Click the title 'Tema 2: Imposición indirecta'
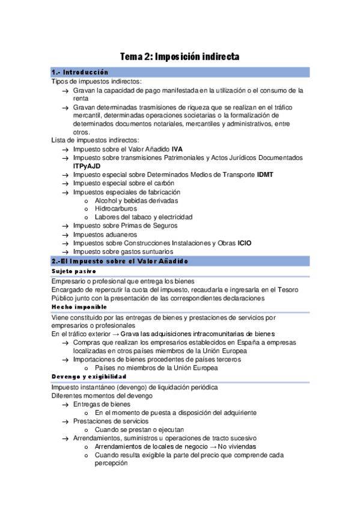[x=180, y=57]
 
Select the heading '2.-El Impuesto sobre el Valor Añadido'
[x=120, y=260]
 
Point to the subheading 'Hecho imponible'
[x=79, y=307]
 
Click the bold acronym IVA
[x=177, y=149]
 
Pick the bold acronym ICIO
[x=245, y=243]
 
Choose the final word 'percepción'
[x=111, y=464]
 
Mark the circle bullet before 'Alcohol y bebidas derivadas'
[x=88, y=200]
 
